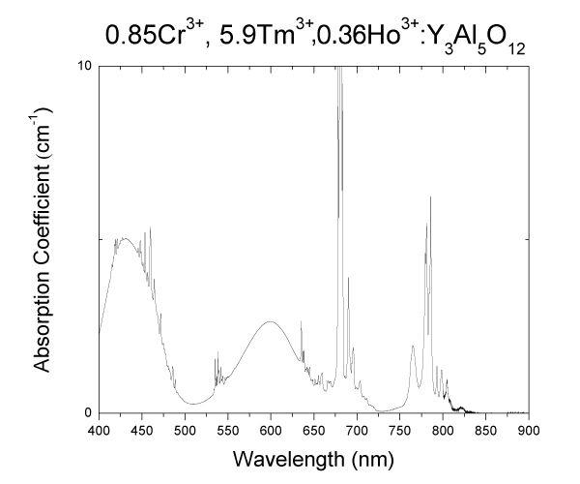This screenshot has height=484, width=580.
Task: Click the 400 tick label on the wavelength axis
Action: [99, 427]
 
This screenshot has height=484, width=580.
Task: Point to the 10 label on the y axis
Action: [85, 66]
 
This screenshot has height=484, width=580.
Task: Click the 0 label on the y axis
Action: [88, 413]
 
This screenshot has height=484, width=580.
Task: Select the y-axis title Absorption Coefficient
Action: [43, 240]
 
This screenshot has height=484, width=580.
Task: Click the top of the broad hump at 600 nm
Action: [271, 321]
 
